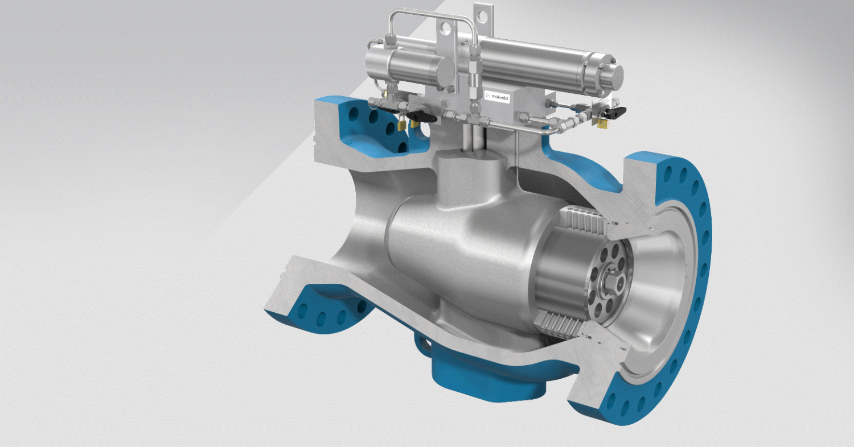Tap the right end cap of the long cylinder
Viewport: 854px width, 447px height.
coord(610,72)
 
